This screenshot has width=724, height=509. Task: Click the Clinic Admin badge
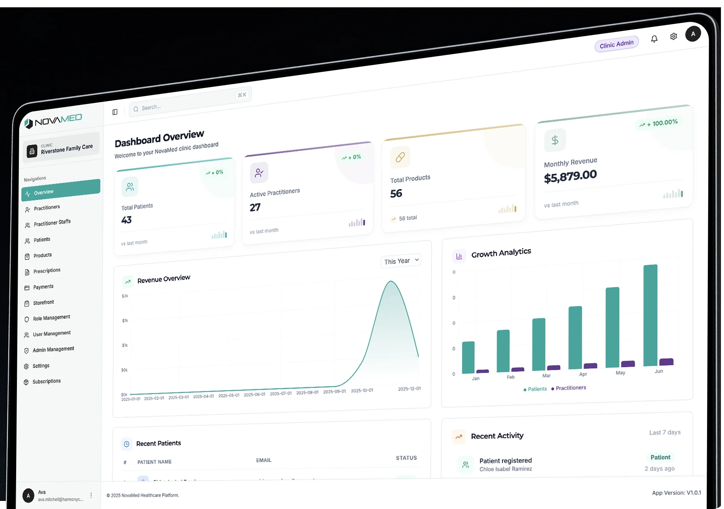[616, 44]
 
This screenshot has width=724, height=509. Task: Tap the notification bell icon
[654, 39]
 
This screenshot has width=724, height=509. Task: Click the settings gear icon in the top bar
[673, 37]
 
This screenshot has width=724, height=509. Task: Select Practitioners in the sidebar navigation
[47, 208]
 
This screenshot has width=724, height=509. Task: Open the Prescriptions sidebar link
[47, 271]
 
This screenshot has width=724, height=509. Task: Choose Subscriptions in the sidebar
[46, 381]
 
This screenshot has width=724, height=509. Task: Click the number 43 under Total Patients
[126, 220]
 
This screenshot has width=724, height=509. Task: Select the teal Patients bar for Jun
[650, 315]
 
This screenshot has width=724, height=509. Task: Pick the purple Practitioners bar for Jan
[483, 371]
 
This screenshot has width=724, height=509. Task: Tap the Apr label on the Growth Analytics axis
[583, 374]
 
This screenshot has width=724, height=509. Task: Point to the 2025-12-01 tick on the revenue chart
[409, 389]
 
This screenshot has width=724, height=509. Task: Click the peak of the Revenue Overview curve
[391, 281]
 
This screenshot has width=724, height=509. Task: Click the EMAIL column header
[264, 460]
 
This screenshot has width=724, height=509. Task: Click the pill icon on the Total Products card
[400, 157]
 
